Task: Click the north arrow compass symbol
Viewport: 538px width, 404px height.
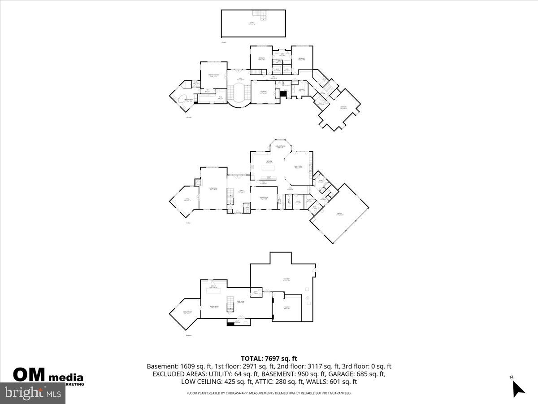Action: (x=518, y=387)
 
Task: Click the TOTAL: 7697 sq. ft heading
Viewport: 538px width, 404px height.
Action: (x=269, y=358)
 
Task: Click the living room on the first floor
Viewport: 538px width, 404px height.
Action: (x=213, y=189)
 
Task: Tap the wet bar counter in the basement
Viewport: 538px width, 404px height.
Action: (x=213, y=290)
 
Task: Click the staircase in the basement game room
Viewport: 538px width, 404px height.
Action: (x=230, y=304)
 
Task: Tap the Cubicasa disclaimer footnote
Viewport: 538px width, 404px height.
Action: (x=269, y=393)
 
